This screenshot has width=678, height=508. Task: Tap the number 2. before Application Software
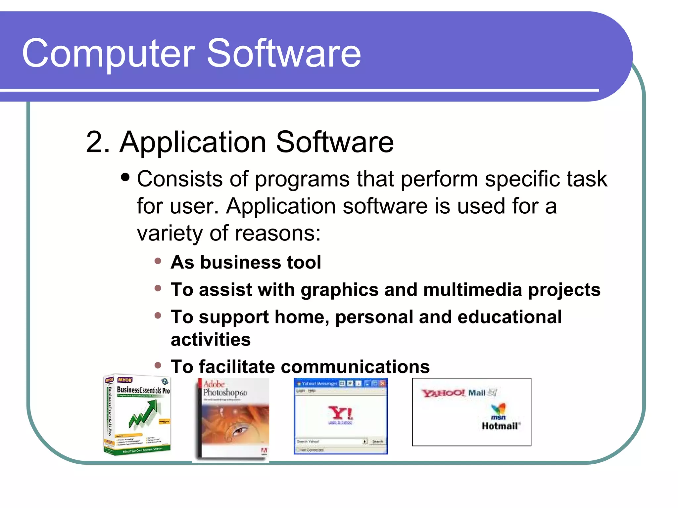(x=98, y=142)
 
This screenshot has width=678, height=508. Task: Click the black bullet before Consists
(x=125, y=177)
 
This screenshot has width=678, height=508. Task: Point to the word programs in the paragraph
(x=302, y=180)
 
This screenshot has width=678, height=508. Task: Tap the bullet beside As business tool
(x=158, y=261)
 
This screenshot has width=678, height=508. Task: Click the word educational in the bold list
(x=509, y=317)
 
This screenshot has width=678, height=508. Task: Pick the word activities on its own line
(x=211, y=340)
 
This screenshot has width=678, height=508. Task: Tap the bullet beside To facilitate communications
(x=158, y=365)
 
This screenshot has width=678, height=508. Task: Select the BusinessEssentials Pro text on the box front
(x=143, y=390)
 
